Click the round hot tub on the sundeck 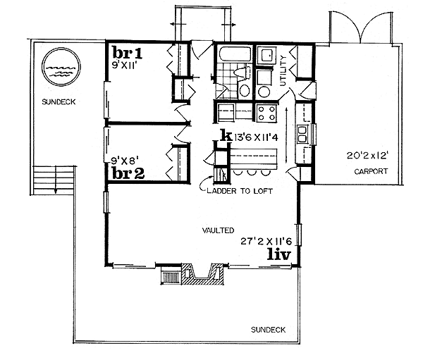coord(57,69)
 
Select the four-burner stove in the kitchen coord(266,113)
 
